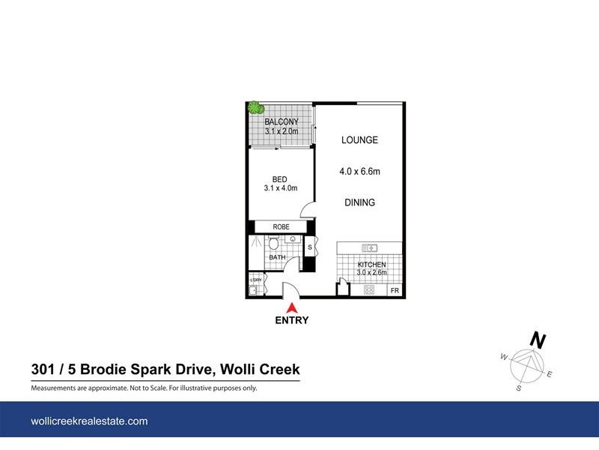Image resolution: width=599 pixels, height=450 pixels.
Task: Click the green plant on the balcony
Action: [x=256, y=108]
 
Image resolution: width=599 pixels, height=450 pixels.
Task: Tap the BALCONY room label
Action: [x=281, y=122]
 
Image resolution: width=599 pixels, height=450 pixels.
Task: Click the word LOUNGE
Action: [x=359, y=140]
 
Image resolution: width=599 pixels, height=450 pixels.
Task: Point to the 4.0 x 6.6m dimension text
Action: [x=359, y=172]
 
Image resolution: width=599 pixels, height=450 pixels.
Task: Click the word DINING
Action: [x=359, y=203]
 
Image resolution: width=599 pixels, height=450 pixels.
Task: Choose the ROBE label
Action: [x=281, y=226]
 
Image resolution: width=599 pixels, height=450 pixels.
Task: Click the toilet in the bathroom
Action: [x=274, y=244]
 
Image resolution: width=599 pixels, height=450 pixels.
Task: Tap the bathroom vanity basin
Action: [x=293, y=241]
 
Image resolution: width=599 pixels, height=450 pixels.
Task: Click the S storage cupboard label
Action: [x=309, y=245]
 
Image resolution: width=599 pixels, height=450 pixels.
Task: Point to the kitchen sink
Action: [x=370, y=247]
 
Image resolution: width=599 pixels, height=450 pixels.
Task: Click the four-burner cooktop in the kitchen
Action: [x=369, y=290]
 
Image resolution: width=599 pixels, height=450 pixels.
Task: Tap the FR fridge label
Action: [x=394, y=290]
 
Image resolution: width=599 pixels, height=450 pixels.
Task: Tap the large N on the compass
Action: [x=537, y=340]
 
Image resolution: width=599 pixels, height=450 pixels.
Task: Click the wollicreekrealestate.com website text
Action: [x=89, y=421]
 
